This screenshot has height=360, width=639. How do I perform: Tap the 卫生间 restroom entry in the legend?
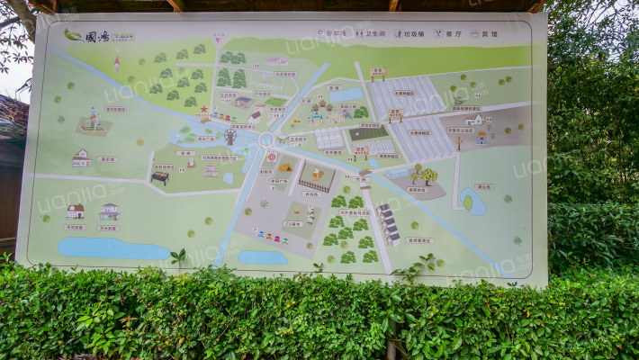coord(370,33)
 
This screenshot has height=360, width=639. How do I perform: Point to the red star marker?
coord(204,109)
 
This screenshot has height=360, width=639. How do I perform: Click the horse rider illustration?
coord(92,119)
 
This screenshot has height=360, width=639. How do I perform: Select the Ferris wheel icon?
coord(229,138)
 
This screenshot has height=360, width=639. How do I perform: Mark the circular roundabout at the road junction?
coord(265,139)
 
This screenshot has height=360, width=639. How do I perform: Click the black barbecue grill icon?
coord(160,178)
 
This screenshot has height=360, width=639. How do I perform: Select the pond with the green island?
coord(472,202)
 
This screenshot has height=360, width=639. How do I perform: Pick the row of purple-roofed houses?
coord(388,224)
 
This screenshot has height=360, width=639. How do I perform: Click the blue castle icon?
coord(315,114)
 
